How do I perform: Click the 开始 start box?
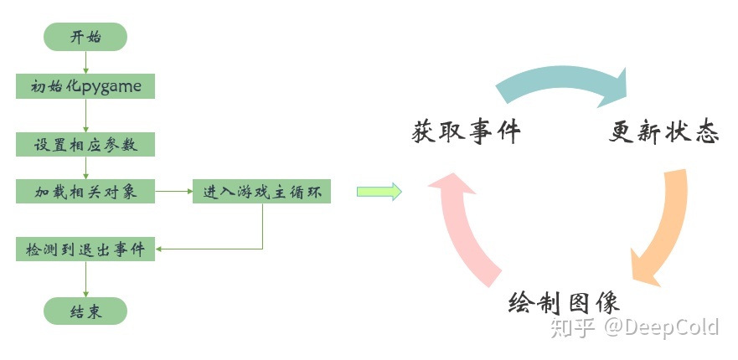tap(85, 37)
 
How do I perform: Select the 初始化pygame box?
tap(85, 85)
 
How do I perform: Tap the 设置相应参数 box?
tap(85, 143)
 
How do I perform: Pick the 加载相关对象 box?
tap(85, 192)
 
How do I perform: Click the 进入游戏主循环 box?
tap(261, 192)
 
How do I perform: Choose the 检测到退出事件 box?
tap(85, 249)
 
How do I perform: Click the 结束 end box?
tap(85, 311)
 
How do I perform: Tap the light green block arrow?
tap(379, 192)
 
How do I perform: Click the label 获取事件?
tap(467, 132)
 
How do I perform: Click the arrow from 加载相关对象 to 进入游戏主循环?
tap(174, 192)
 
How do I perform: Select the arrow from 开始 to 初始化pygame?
tap(85, 62)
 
